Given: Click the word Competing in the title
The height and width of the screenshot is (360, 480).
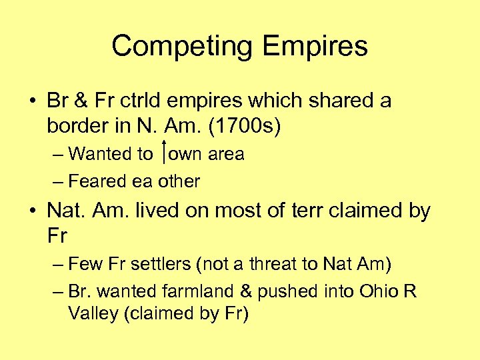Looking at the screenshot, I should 183,47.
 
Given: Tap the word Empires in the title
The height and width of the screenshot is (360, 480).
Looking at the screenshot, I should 315,47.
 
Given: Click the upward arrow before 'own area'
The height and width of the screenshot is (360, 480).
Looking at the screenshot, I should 164,154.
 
